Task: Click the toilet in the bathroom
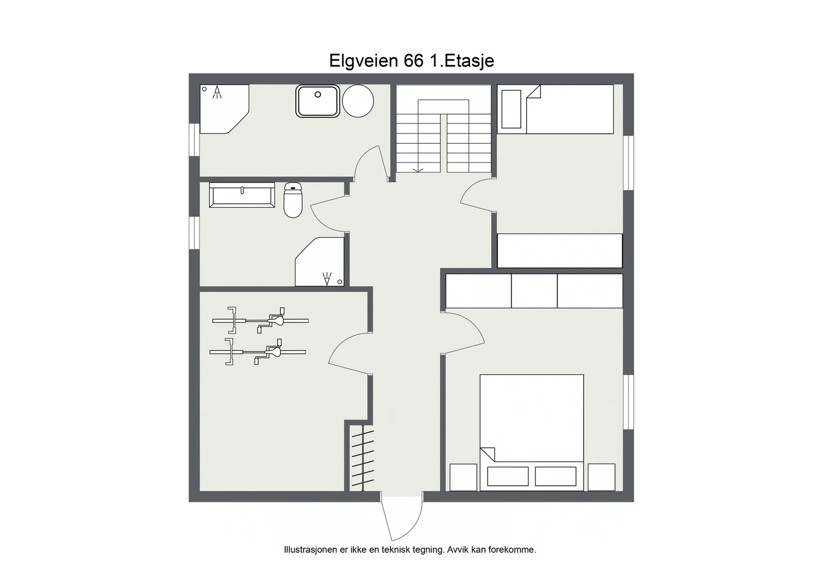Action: coord(293,200)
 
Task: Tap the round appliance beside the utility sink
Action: coord(358,101)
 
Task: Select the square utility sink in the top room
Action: coord(318,101)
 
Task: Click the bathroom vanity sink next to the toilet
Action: coord(242,195)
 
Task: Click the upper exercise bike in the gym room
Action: coord(260,320)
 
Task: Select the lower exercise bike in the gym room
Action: coord(258,352)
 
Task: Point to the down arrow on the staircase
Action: coord(418,170)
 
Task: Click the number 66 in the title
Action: coord(414,61)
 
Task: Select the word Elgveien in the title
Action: coord(364,61)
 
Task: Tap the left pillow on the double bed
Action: coord(508,476)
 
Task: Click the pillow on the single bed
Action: coord(511,109)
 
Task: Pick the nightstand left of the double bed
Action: coord(463,477)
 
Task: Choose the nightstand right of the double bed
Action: coord(601,477)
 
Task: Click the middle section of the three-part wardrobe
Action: coord(534,291)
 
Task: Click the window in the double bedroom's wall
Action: coord(629,402)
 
